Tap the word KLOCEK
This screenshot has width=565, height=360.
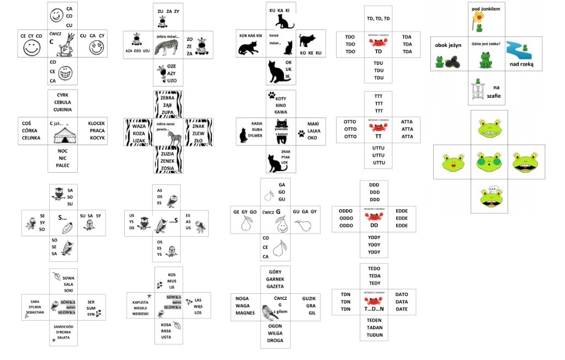[x=97, y=123]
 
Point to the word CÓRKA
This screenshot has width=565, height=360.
[x=30, y=130]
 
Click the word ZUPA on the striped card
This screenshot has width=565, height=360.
[x=167, y=112]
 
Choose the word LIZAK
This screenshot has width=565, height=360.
[x=138, y=141]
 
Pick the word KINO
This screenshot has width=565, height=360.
[x=281, y=105]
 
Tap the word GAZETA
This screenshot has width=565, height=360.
[x=275, y=287]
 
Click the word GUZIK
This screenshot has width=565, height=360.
[x=309, y=298]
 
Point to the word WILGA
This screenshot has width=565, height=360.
[x=275, y=333]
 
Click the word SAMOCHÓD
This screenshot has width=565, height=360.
[x=63, y=326]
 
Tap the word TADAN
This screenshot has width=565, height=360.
[x=374, y=327]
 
